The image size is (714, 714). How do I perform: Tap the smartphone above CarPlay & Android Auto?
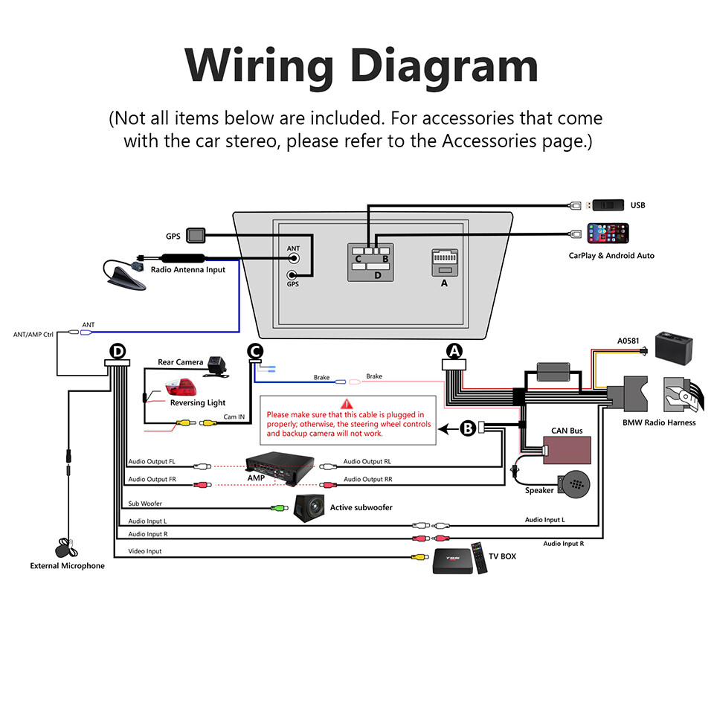(608, 234)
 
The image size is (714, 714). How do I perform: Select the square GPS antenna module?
(196, 235)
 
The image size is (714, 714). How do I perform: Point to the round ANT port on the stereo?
(295, 259)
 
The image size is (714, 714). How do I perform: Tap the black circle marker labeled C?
(254, 350)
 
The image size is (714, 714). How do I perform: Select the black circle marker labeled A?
(454, 350)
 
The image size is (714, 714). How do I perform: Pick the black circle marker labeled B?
(468, 428)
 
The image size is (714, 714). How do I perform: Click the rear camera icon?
(219, 366)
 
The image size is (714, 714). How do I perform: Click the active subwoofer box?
(310, 509)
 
